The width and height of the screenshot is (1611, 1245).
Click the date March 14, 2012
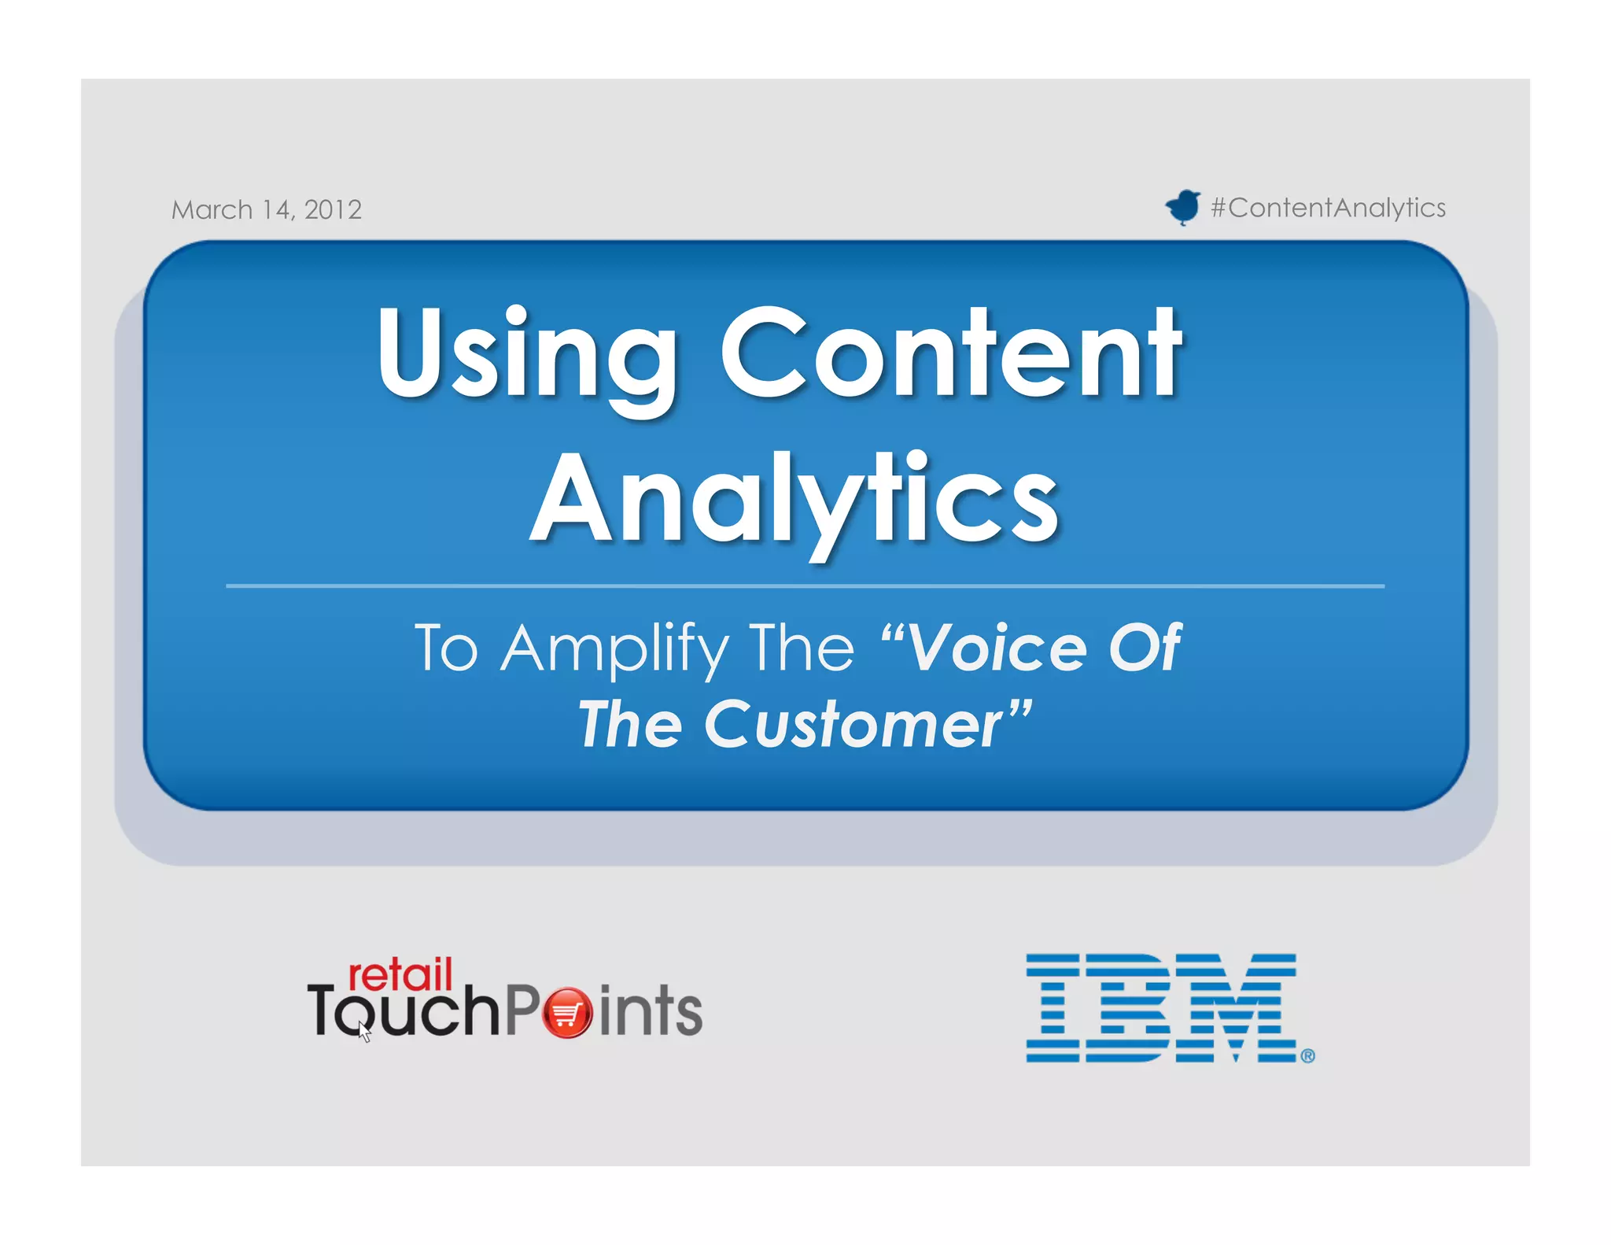pyautogui.click(x=267, y=209)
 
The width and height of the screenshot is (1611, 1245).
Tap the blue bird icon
pyautogui.click(x=1182, y=207)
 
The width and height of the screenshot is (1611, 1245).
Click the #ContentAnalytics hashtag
pyautogui.click(x=1328, y=208)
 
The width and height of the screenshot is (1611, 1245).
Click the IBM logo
pyautogui.click(x=1161, y=1008)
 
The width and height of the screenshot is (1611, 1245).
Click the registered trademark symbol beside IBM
pyautogui.click(x=1307, y=1056)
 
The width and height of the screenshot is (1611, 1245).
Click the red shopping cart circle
pyautogui.click(x=566, y=1013)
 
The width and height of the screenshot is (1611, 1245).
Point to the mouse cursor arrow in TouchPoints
pyautogui.click(x=364, y=1033)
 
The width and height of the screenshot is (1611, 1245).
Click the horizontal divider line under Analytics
pyautogui.click(x=804, y=586)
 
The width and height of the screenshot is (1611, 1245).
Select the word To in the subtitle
pyautogui.click(x=446, y=648)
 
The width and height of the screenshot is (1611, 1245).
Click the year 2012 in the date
pyautogui.click(x=333, y=209)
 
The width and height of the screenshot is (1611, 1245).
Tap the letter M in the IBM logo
pyautogui.click(x=1241, y=1008)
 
